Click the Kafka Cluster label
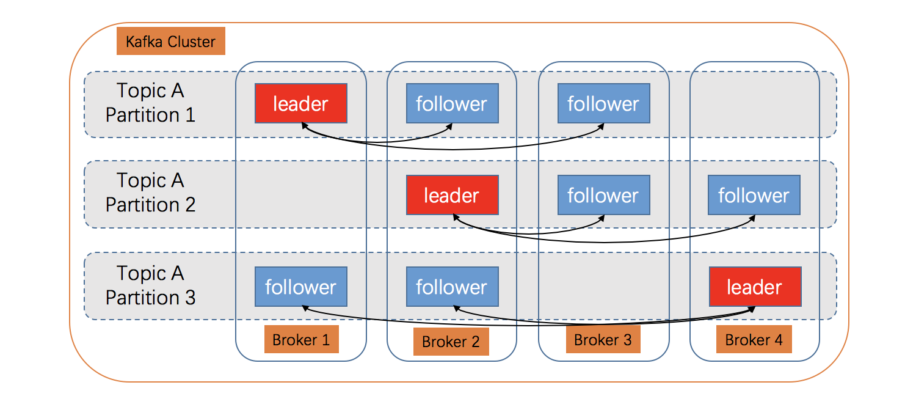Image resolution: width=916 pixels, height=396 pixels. coord(170,42)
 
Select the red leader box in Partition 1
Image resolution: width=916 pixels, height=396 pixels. coord(300,103)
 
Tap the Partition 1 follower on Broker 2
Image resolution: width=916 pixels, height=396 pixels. coord(452,103)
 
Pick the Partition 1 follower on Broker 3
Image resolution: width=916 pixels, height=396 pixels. coord(603,103)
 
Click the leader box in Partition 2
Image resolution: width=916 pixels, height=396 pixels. coord(452,195)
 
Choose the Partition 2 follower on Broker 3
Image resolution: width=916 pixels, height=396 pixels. coord(603,195)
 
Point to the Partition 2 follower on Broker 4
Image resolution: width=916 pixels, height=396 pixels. coord(754,195)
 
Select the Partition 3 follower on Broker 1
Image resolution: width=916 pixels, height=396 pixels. coord(300,287)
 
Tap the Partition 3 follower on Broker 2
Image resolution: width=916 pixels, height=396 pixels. coord(452,287)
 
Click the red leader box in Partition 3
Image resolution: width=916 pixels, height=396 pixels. coord(755,287)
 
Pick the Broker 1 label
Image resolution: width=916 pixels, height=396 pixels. coord(301,340)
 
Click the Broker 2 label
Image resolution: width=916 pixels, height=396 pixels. coord(451,342)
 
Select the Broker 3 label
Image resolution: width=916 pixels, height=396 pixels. coord(603,339)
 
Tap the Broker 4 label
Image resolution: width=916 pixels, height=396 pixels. coord(754,340)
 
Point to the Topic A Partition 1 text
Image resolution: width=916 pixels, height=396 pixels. coord(150,103)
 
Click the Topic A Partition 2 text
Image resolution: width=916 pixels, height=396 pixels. coord(150,193)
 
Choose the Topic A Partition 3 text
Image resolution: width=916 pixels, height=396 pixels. coord(150,285)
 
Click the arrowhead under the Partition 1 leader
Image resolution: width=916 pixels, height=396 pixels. coord(303,125)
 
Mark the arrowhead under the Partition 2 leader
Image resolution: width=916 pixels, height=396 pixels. coord(454,217)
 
